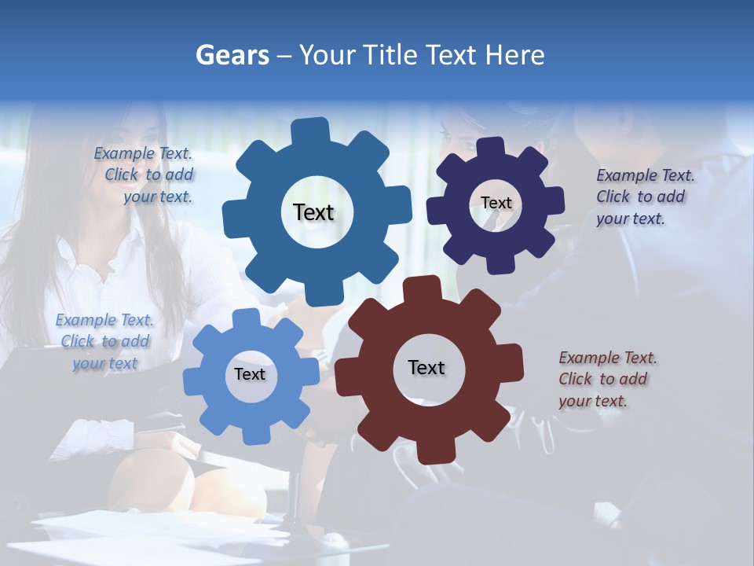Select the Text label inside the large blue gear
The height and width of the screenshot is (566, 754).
313,212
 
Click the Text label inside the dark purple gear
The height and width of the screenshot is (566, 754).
496,203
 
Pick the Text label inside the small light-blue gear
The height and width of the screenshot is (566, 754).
250,374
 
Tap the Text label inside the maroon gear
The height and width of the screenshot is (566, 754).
426,367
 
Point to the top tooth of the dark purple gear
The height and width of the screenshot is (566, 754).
490,146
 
